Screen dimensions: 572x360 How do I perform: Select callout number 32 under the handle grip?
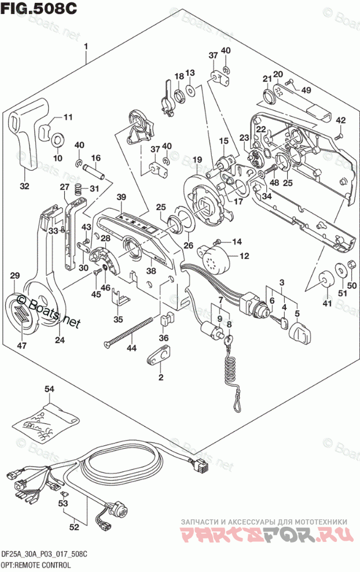pos(24,186)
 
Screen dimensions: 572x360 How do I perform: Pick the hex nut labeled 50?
pos(350,266)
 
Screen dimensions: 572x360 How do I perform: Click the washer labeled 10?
pos(58,140)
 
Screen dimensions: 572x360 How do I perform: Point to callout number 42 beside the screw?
pos(340,120)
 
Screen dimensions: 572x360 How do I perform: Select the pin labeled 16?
pos(94,171)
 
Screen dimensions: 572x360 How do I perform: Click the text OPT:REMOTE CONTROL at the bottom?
pos(36,564)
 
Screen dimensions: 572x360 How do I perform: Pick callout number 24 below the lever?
pos(60,340)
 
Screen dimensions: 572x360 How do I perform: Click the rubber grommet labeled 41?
pos(325,280)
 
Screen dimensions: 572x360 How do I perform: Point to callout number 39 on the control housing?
pos(120,197)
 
